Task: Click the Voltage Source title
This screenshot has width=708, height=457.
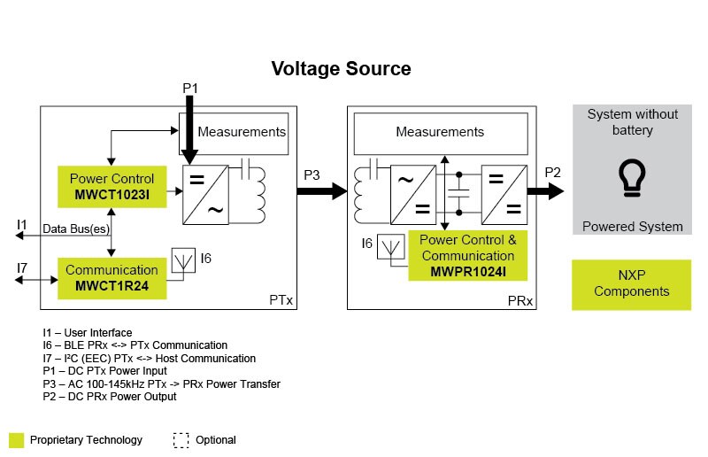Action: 341,68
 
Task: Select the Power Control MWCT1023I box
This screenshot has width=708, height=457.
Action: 112,186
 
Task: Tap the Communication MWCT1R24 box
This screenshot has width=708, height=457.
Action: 112,276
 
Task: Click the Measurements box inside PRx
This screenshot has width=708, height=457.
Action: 440,133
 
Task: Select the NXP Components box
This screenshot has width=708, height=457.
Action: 631,284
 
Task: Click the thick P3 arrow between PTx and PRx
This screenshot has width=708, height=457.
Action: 324,190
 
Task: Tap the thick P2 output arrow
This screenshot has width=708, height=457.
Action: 550,190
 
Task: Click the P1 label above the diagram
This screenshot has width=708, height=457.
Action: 190,88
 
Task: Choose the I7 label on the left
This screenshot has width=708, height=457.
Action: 22,267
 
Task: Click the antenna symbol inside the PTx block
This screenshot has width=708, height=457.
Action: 182,259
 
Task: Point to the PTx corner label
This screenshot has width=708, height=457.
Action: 281,301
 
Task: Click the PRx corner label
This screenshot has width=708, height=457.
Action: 519,301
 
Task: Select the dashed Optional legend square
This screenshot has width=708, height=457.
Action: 181,440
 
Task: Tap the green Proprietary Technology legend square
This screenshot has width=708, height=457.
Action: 16,440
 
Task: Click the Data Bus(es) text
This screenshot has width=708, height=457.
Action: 76,229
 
